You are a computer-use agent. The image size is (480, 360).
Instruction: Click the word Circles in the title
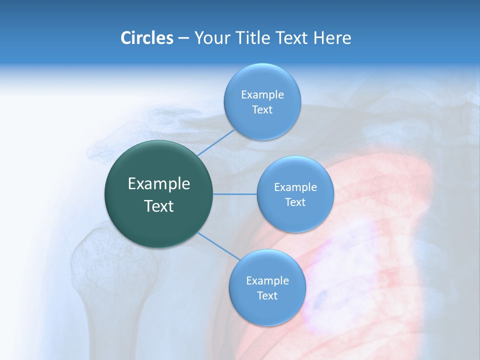tap(146, 38)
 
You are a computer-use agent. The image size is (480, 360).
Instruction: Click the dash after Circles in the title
tap(183, 38)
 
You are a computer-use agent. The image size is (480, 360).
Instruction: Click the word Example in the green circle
tap(159, 184)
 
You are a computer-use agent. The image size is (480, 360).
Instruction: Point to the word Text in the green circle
tap(159, 206)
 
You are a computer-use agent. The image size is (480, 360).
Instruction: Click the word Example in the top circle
tap(262, 95)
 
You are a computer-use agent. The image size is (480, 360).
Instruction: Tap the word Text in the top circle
tap(262, 110)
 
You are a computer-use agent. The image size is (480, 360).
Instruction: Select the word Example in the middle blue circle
tap(295, 187)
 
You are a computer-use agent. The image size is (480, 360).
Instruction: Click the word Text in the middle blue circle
tap(295, 202)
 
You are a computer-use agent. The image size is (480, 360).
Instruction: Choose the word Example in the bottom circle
tap(267, 281)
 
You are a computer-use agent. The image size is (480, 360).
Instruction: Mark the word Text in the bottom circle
tap(267, 296)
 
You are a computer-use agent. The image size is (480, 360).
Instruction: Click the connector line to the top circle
tap(216, 142)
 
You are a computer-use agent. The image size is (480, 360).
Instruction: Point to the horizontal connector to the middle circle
tap(235, 194)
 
